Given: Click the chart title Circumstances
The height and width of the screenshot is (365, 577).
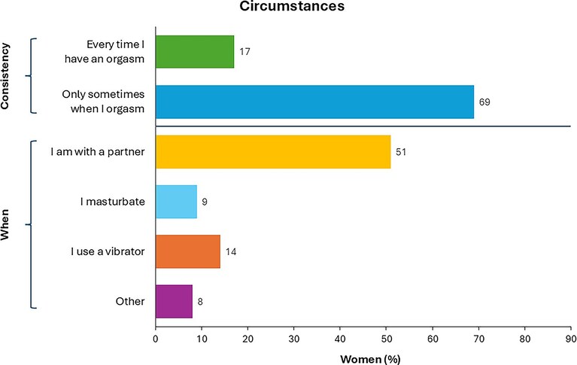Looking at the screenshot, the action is click(x=292, y=6).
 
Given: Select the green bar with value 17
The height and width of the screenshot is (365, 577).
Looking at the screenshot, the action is click(x=195, y=52).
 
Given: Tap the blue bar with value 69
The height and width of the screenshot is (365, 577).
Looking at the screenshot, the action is click(x=314, y=102).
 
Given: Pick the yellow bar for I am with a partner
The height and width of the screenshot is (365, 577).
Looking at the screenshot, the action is click(x=273, y=152).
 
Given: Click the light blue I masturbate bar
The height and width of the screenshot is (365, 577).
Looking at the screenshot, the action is click(x=176, y=202).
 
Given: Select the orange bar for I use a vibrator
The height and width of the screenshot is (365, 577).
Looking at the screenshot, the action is click(x=188, y=251).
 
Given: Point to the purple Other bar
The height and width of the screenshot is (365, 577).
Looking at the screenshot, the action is click(x=174, y=301).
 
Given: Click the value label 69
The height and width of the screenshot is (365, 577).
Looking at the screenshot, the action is click(x=484, y=102).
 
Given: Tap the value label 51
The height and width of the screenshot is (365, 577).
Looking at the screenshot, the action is click(x=401, y=152).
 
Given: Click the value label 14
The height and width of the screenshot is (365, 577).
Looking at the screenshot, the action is click(x=231, y=251).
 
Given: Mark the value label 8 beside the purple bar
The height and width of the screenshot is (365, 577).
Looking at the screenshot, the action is click(x=200, y=302).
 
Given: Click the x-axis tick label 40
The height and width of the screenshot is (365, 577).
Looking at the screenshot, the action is click(x=340, y=338).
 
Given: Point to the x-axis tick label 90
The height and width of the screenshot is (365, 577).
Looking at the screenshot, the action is click(x=571, y=338).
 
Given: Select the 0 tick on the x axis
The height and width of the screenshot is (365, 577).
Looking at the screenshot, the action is click(x=156, y=338).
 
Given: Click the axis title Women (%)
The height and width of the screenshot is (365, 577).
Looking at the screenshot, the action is click(x=370, y=359).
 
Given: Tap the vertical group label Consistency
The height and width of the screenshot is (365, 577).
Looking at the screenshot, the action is click(x=5, y=76).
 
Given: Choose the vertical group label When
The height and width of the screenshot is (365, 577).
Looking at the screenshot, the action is click(x=5, y=225).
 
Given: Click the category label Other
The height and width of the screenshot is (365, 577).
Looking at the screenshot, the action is click(x=130, y=301).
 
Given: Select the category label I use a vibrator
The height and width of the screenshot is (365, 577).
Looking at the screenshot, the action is click(x=108, y=251).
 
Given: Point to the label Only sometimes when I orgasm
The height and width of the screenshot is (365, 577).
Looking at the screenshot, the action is click(x=103, y=102).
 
